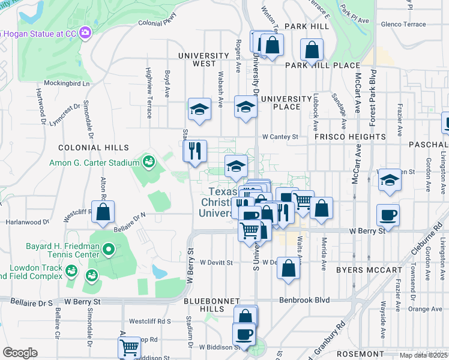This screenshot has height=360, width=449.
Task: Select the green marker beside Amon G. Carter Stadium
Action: tap(148, 161)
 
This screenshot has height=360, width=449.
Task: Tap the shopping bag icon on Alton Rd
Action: tap(103, 212)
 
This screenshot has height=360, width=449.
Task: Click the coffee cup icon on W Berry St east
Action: tap(388, 215)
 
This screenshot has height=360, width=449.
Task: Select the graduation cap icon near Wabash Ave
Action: tap(199, 109)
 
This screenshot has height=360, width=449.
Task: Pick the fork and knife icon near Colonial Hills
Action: tap(194, 151)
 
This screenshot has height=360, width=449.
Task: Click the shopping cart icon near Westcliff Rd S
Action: tap(130, 347)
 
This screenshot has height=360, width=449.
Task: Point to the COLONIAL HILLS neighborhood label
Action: tap(93, 148)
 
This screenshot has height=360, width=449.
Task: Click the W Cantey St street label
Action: tap(280, 137)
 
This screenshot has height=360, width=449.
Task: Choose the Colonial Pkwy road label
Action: tap(157, 23)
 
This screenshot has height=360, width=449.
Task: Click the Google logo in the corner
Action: tap(20, 352)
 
